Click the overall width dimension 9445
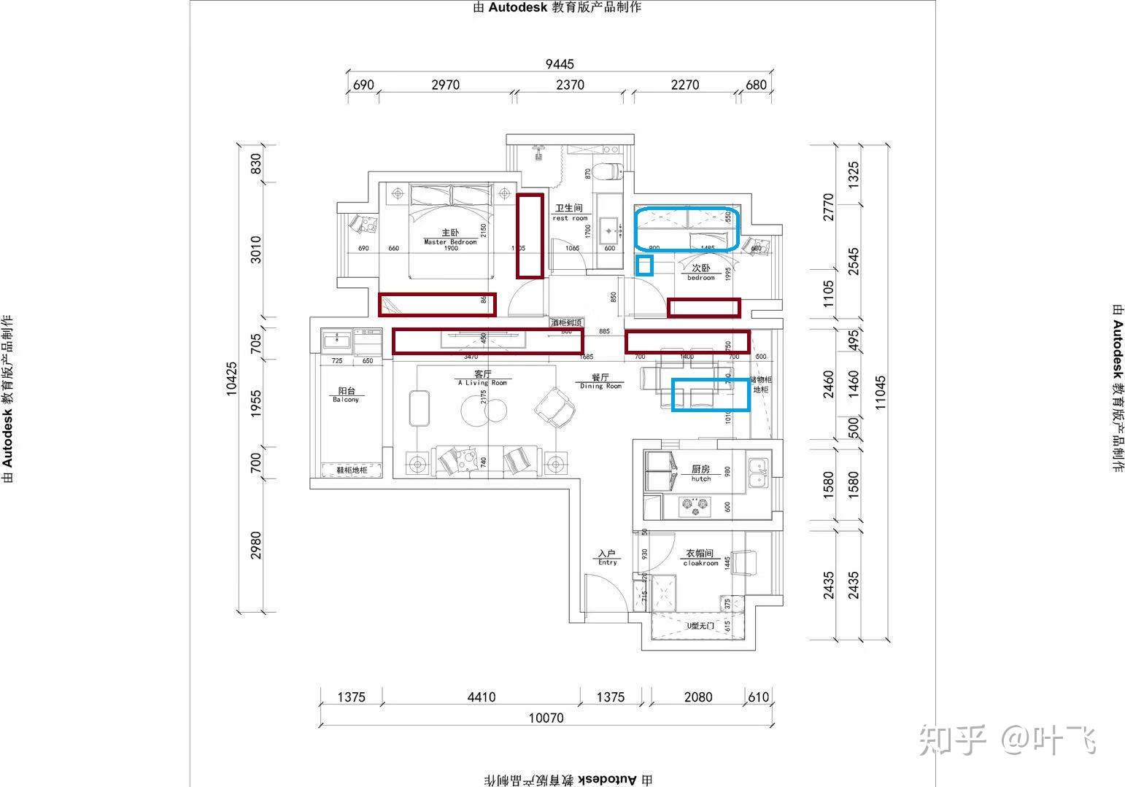[x=560, y=64]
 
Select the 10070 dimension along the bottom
[x=546, y=718]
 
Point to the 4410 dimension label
[x=481, y=697]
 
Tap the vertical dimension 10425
[x=232, y=378]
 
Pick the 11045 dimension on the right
[x=881, y=392]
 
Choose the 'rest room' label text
[x=570, y=218]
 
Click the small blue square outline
[x=644, y=265]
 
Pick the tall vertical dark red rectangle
[x=530, y=236]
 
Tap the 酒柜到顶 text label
[x=567, y=322]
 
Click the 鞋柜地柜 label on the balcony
[x=352, y=470]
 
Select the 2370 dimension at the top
[x=570, y=85]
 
